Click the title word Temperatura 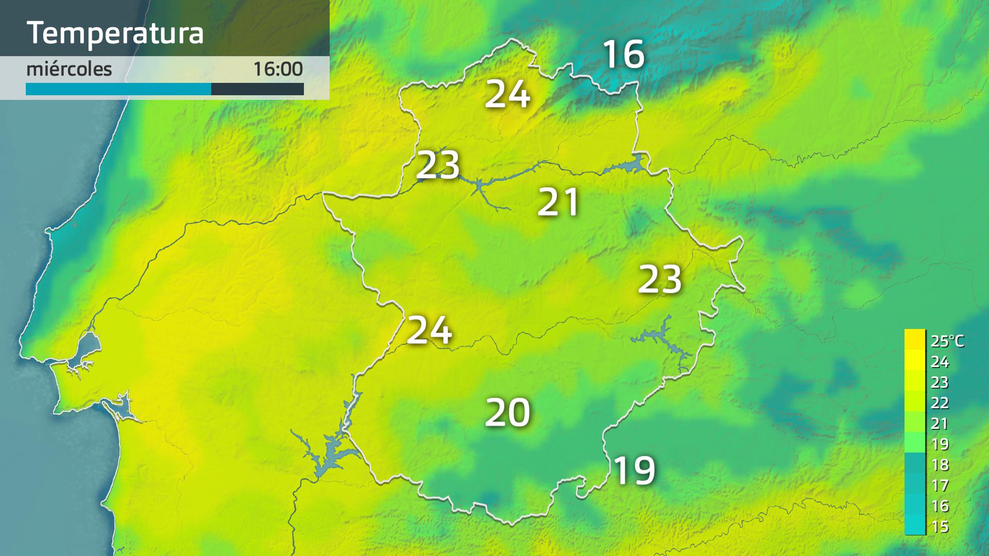(115, 33)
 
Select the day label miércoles (69, 69)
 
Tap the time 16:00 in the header (278, 69)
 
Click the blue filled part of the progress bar (118, 89)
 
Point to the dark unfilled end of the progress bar (258, 89)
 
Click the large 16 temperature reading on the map (623, 54)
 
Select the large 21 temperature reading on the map (558, 202)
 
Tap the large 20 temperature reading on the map (508, 412)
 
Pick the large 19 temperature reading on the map (635, 470)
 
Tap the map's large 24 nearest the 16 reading (508, 94)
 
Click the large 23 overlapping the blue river (438, 165)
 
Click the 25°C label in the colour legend (947, 341)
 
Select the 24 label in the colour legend (940, 362)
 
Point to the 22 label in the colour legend (940, 403)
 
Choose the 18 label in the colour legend (940, 465)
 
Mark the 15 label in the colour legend (940, 527)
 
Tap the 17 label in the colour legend (940, 485)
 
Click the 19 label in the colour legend (940, 444)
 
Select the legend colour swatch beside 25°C (915, 340)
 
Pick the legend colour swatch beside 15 (915, 525)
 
